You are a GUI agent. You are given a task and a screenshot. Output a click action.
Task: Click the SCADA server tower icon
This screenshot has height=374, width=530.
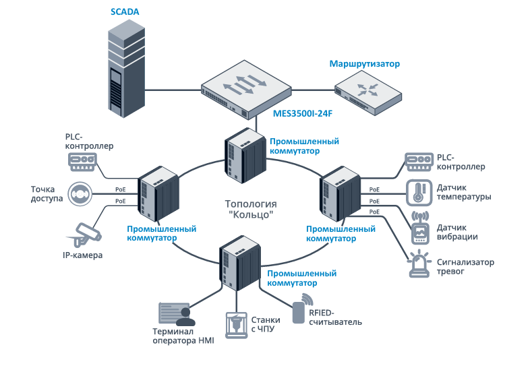[126, 69]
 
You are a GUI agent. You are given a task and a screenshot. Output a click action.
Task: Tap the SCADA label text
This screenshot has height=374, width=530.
[125, 12]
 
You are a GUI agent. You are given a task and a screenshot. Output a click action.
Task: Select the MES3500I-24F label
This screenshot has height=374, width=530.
[303, 113]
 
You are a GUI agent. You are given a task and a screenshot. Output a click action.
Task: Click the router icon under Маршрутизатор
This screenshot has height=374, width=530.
[368, 94]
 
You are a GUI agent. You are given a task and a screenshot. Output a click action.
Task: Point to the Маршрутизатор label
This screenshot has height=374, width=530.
[364, 63]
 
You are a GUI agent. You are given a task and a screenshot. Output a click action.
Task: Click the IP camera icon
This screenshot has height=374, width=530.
[84, 234]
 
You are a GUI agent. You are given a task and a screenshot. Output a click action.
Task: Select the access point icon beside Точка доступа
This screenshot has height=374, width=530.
[80, 194]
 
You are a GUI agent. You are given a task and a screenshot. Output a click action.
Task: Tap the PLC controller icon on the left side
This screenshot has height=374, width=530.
[82, 162]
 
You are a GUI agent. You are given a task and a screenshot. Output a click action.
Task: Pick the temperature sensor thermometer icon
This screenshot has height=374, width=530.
[419, 193]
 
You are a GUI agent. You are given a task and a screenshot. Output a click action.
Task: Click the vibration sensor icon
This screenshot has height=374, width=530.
[420, 228]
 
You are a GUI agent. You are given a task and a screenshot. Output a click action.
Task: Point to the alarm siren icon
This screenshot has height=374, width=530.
[419, 264]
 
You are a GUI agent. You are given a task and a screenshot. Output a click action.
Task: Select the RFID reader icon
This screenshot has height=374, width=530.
[302, 309]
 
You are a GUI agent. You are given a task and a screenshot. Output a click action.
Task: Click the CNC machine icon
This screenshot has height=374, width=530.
[236, 325]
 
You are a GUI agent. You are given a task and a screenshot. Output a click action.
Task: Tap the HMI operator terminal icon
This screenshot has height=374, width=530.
[177, 314]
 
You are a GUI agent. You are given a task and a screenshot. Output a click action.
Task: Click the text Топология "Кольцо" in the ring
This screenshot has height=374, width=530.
[251, 209]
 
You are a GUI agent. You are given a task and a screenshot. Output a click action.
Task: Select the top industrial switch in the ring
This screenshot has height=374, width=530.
[245, 156]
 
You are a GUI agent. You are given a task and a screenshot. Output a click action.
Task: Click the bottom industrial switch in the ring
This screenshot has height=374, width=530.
[240, 263]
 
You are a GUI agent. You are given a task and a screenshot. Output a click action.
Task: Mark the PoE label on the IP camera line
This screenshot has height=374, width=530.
[120, 201]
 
